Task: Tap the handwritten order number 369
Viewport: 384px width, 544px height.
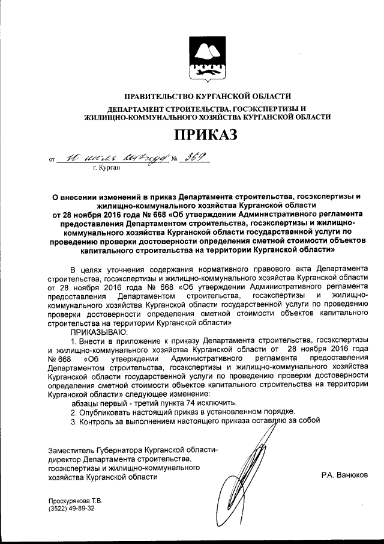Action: (194, 157)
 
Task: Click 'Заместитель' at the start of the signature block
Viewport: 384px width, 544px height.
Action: (70, 450)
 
